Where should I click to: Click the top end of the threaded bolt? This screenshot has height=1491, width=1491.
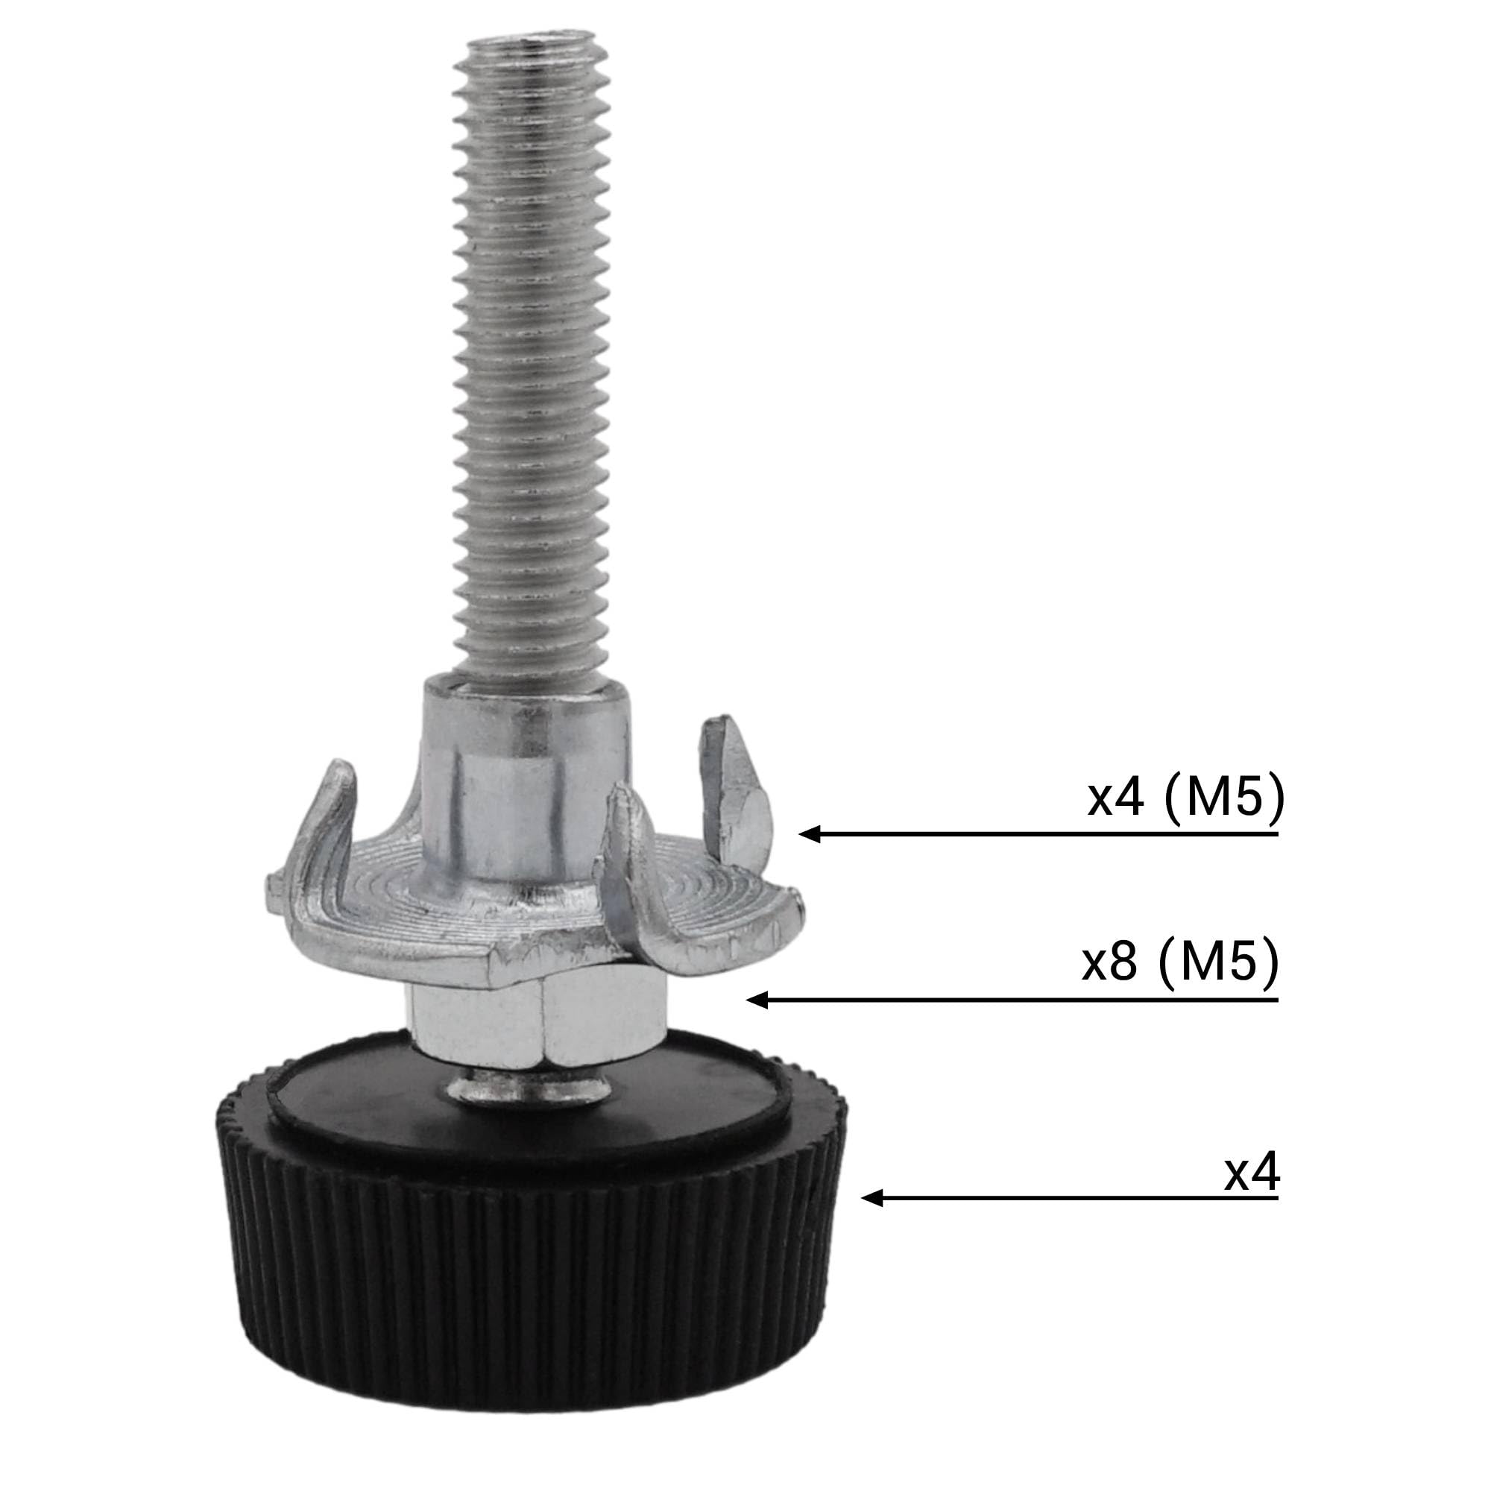[529, 48]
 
